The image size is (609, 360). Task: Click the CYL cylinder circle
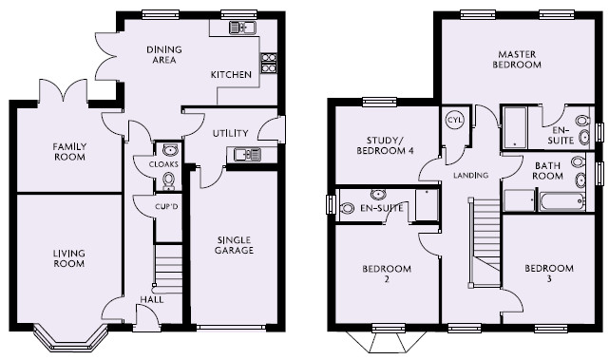454,120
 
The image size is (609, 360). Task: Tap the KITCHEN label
231,74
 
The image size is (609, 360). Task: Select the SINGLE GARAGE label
234,245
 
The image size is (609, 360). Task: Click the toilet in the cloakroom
168,180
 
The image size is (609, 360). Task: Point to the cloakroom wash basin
170,149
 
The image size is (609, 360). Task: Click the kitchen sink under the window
242,28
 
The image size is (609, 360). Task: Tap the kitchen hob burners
269,63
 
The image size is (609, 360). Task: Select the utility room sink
247,155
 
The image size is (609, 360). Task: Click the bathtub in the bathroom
562,201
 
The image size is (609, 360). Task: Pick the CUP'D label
166,207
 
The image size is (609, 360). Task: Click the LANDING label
470,176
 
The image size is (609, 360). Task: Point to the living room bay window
70,339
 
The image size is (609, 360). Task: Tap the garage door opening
231,328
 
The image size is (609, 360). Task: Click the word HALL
152,299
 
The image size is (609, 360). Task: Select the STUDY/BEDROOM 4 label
385,145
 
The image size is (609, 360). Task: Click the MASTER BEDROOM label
517,60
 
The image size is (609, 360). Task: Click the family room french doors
63,91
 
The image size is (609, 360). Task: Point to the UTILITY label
230,133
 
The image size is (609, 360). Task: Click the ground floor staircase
168,269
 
